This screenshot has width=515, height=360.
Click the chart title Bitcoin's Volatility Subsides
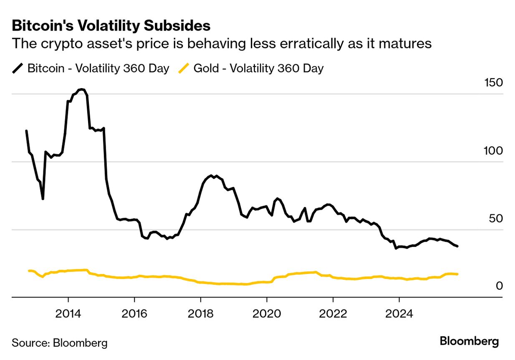point(111,26)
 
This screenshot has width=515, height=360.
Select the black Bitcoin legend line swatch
point(18,68)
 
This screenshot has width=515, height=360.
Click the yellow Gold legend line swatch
point(184,68)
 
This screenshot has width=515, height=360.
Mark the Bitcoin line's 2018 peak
point(212,176)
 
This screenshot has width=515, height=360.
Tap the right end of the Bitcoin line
point(458,246)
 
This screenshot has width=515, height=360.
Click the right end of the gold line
point(458,274)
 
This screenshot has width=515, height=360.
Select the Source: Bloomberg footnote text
point(60,343)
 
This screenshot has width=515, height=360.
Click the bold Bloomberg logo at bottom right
point(469,341)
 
